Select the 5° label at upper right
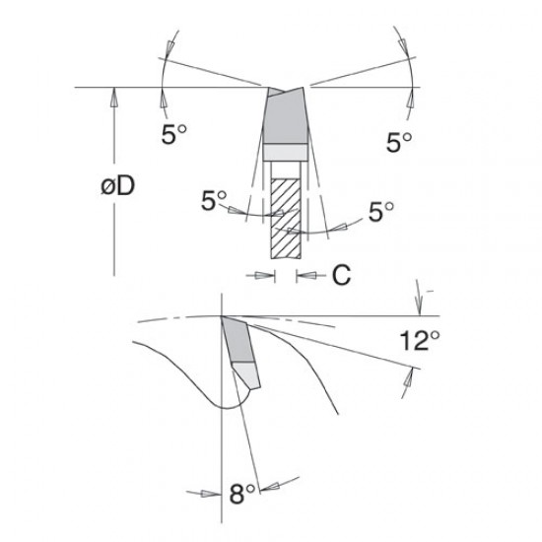click(x=398, y=142)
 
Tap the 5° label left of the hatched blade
click(x=214, y=201)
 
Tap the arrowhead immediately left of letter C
click(x=305, y=276)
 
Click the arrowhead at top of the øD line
click(x=115, y=95)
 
